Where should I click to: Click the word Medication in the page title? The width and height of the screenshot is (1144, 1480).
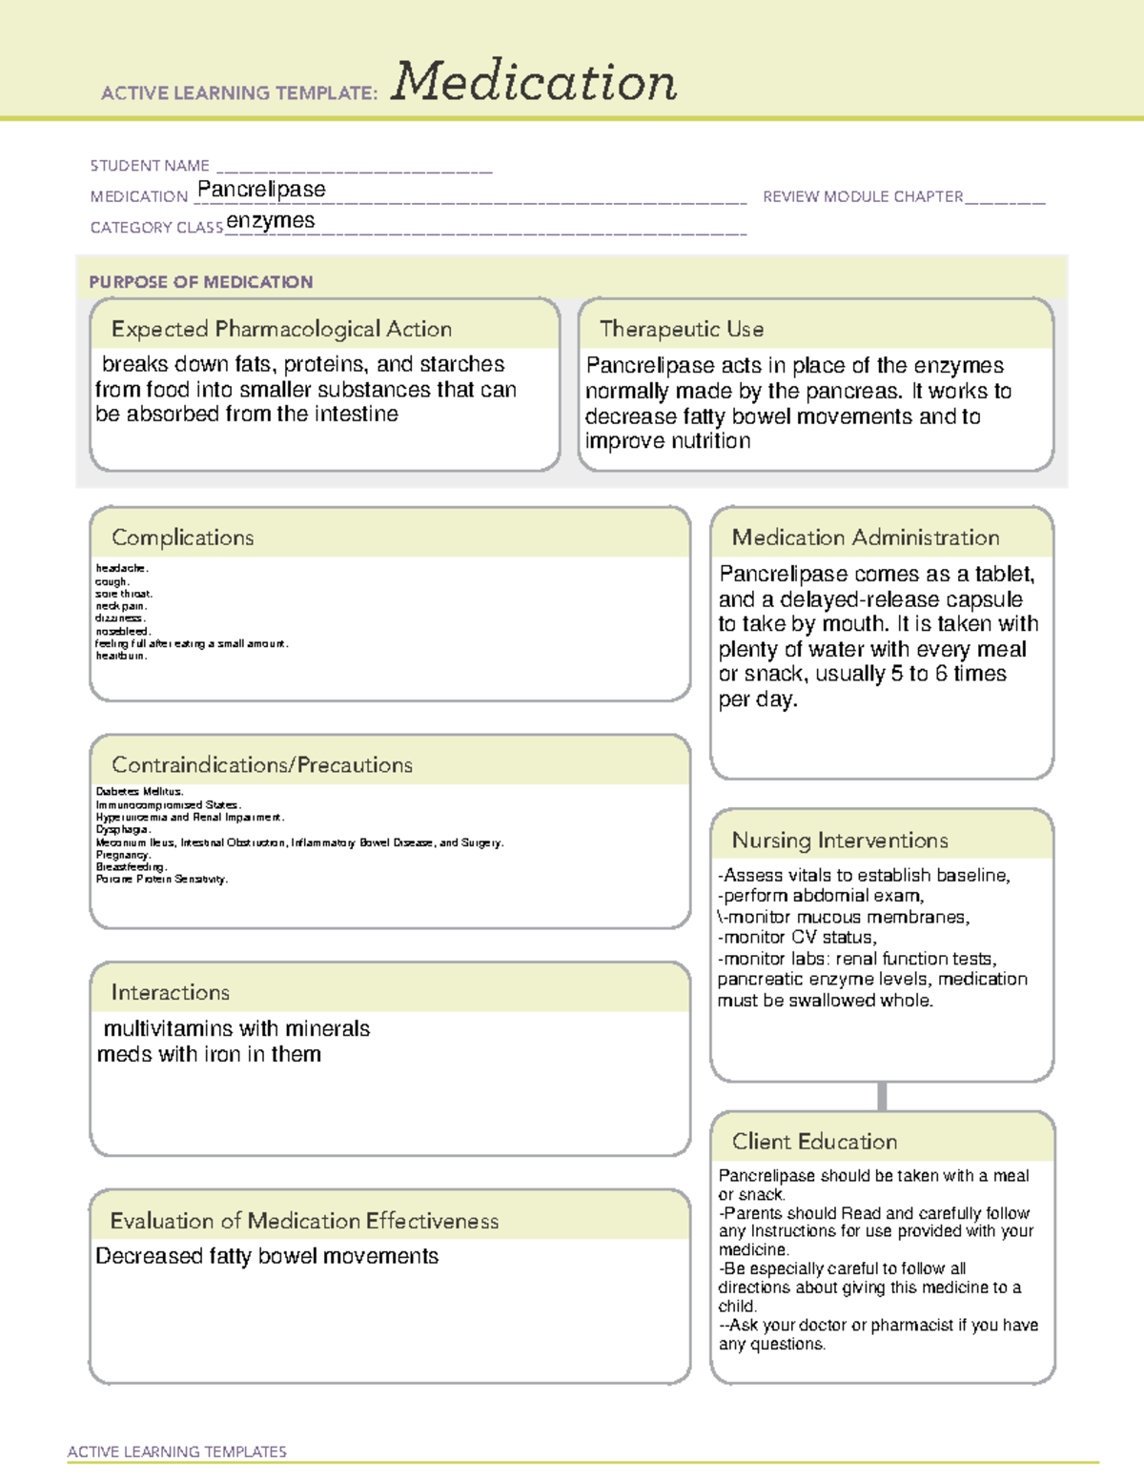click(534, 82)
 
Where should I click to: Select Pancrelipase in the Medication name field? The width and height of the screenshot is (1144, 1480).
click(261, 190)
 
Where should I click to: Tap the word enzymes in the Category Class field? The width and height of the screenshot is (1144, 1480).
click(271, 221)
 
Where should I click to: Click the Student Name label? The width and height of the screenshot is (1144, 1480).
click(150, 166)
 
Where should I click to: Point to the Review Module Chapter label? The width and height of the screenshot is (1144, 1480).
click(863, 196)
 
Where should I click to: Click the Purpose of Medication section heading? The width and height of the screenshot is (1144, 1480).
click(201, 282)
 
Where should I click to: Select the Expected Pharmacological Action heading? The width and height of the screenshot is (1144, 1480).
click(281, 329)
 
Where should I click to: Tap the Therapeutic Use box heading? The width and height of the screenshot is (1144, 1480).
click(682, 329)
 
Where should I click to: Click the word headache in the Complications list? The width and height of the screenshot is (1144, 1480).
click(121, 568)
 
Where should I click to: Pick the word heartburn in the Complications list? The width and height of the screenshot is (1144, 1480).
click(121, 656)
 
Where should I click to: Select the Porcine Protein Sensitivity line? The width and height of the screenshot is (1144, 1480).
click(161, 879)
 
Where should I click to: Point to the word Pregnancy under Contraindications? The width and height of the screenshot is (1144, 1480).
click(123, 855)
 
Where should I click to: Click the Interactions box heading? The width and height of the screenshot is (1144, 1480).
click(171, 992)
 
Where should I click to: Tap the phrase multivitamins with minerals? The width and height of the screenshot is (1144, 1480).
click(236, 1029)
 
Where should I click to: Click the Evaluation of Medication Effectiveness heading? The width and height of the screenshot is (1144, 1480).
click(304, 1221)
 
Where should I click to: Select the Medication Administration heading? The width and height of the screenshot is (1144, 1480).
click(866, 537)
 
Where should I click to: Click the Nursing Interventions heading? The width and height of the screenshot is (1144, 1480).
click(840, 841)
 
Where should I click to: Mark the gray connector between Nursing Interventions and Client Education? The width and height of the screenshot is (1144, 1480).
click(882, 1096)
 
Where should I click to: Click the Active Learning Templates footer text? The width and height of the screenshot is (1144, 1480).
click(177, 1451)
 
